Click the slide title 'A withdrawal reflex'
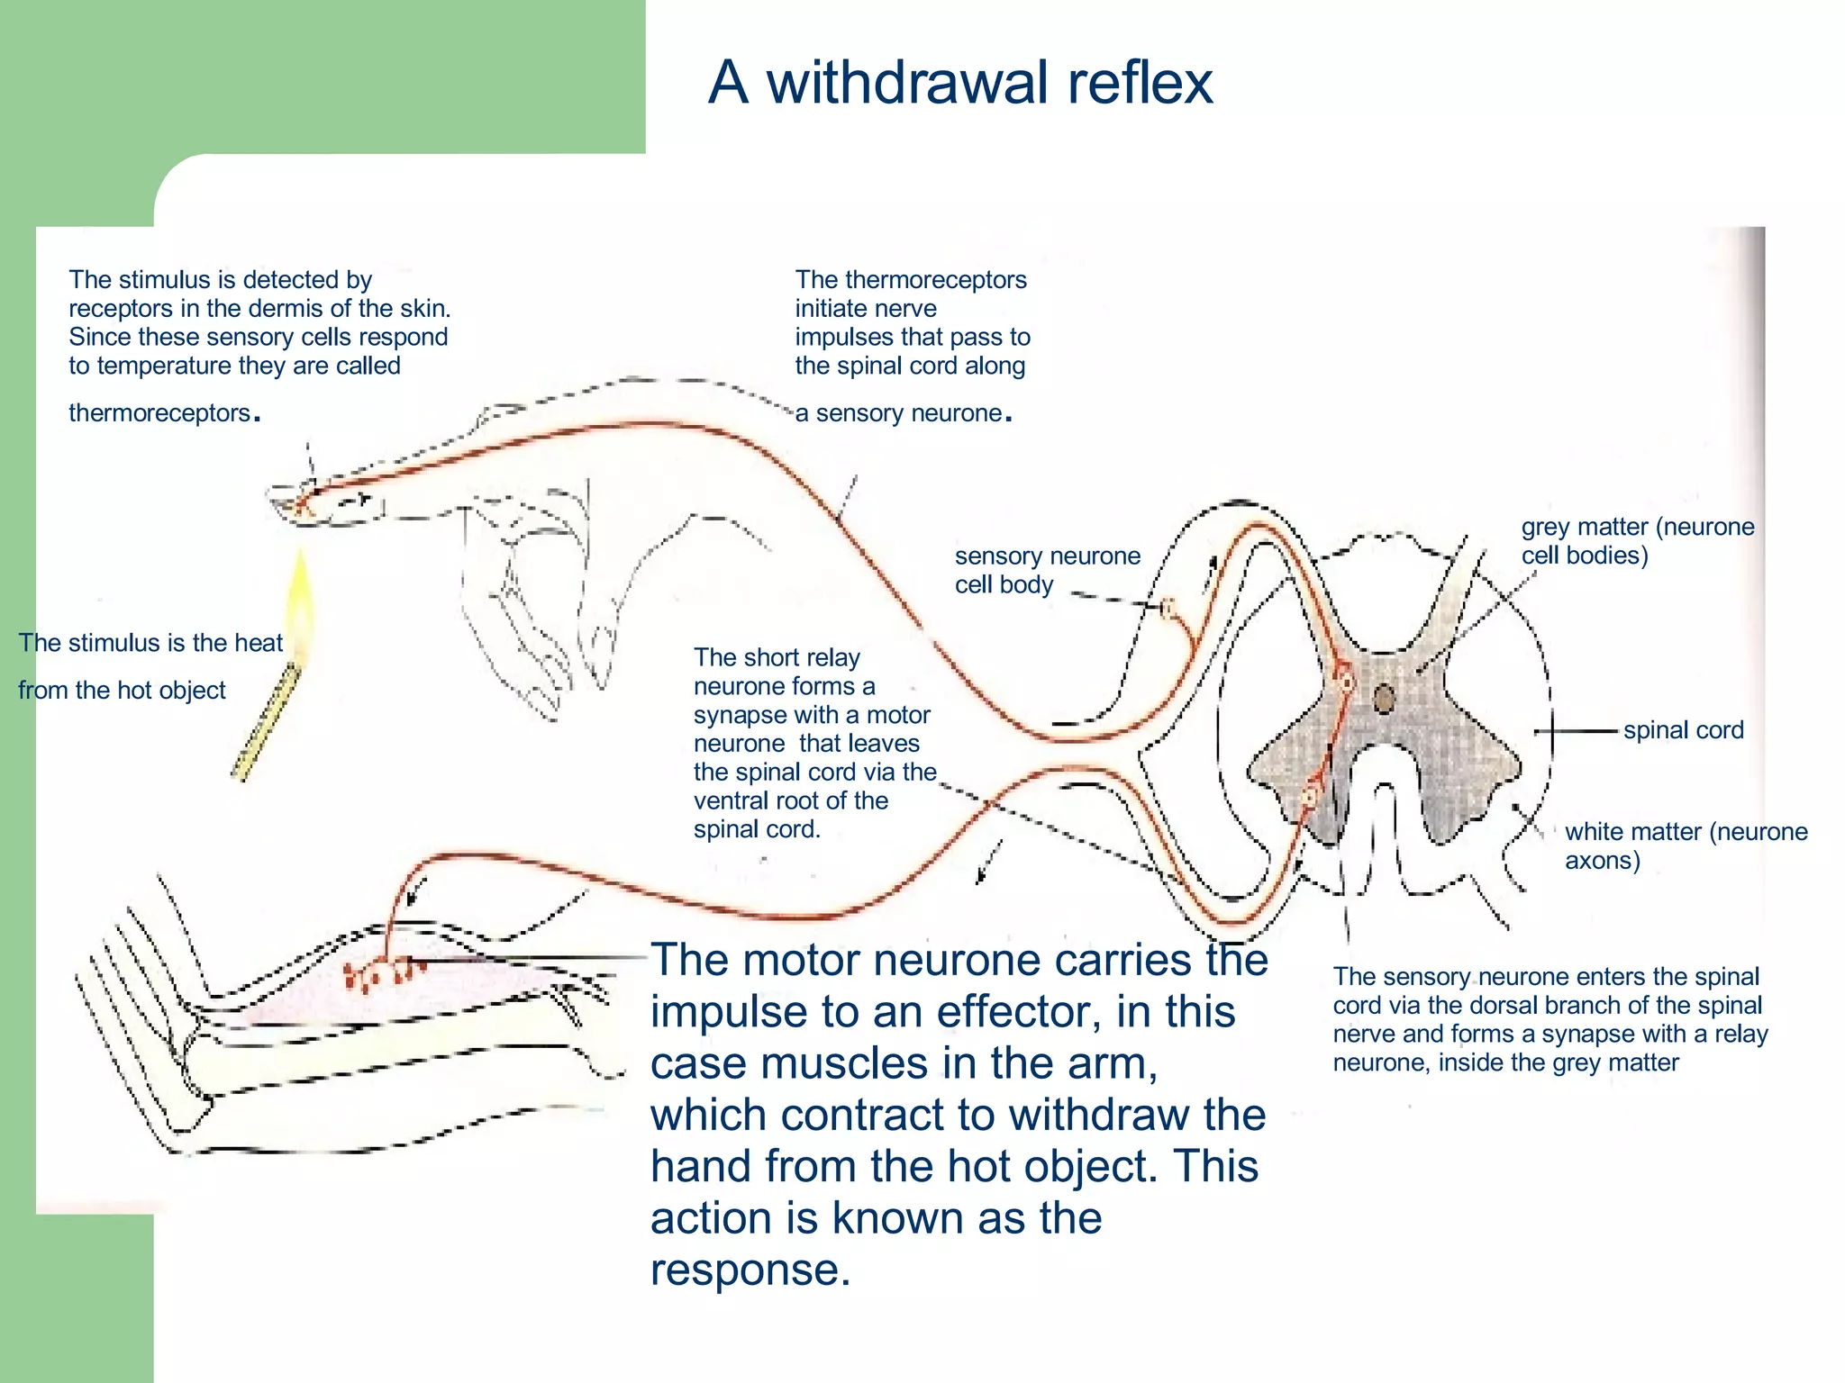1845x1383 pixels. point(960,83)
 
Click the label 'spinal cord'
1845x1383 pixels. point(1683,730)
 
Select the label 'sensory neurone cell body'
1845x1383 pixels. point(1047,570)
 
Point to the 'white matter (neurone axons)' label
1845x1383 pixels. point(1686,845)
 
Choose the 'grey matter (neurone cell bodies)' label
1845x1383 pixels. point(1637,540)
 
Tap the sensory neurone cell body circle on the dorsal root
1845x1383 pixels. point(1168,610)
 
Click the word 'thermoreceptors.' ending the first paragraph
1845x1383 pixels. point(164,413)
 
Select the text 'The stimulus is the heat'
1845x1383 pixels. point(150,643)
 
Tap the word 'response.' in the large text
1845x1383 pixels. point(750,1270)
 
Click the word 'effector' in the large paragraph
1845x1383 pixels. point(1018,1012)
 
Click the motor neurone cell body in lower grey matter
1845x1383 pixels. point(1311,795)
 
